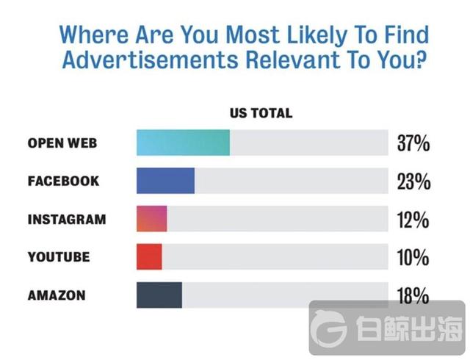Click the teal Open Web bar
(x=183, y=142)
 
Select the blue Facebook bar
(x=165, y=181)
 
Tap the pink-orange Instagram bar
(x=151, y=219)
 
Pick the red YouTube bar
(x=149, y=257)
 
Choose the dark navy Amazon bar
(x=159, y=295)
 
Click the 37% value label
(x=412, y=143)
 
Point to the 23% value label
(x=412, y=181)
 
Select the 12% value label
(x=412, y=220)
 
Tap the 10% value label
(x=412, y=258)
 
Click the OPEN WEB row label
(x=62, y=143)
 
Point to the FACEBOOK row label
(x=63, y=181)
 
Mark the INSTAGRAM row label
(x=67, y=219)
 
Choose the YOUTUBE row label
(x=59, y=257)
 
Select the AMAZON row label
(x=57, y=295)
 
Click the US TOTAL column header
(x=261, y=113)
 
